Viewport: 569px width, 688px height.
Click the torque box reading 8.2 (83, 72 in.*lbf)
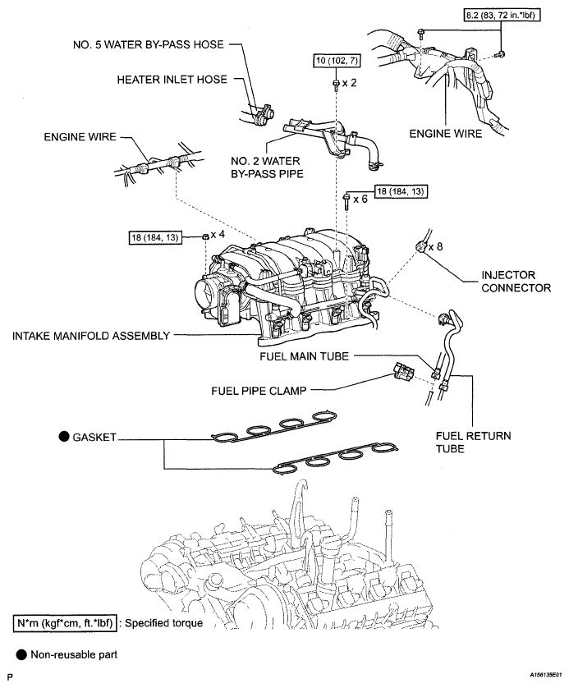(502, 16)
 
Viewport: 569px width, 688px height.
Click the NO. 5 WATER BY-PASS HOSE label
(149, 45)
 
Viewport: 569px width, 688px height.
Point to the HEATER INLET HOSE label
(172, 80)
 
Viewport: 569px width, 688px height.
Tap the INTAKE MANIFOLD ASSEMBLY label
(91, 336)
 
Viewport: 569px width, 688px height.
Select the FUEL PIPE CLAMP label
(259, 391)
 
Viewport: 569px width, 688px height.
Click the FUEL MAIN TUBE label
(304, 356)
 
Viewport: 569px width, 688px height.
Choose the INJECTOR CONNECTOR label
(516, 282)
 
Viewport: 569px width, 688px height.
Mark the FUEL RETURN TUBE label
(473, 443)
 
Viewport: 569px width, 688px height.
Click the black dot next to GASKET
(65, 437)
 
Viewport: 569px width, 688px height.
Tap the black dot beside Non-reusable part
(21, 654)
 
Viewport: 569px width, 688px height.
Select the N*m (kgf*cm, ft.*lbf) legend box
(66, 623)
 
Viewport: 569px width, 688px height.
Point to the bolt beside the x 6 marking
(346, 201)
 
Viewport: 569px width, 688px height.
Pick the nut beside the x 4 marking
(205, 237)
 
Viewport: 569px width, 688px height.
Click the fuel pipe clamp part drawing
(404, 373)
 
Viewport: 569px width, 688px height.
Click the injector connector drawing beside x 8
(420, 246)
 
